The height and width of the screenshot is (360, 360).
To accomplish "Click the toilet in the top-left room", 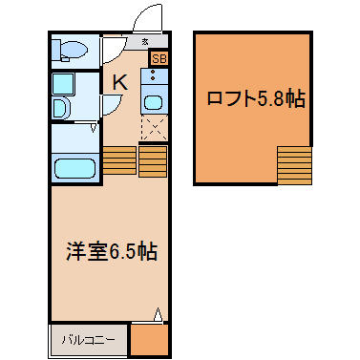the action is coord(70,51).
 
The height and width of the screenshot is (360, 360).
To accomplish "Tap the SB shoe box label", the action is coord(159,58).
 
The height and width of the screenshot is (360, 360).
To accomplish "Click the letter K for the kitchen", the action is coord(120,82).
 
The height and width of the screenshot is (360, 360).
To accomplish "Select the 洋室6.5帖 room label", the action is coord(112,251).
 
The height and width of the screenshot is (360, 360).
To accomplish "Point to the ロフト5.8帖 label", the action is coord(256,98).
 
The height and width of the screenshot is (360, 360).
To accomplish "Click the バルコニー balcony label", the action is coord(88,340).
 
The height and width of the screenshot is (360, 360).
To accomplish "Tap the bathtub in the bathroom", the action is coord(74,169).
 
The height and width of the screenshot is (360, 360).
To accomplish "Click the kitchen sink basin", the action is coord(155,103).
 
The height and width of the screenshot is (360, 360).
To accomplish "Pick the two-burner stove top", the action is coord(155,75).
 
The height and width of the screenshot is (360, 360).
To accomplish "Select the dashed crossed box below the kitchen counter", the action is coord(155,128).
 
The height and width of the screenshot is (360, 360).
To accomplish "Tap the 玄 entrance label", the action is coord(145,41).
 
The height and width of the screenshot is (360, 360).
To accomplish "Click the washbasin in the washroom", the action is coord(60,108).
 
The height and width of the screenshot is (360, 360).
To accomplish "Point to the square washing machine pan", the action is coord(63,84).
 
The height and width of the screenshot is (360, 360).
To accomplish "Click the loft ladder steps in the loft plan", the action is coord(294,165).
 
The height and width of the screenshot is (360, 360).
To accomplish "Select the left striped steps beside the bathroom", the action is coord(119,160).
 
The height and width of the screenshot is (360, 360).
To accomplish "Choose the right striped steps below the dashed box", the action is coord(153,161).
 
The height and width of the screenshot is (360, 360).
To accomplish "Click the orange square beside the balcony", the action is coord(149,340).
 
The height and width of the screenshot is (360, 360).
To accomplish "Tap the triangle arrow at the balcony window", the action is coord(158,314).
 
